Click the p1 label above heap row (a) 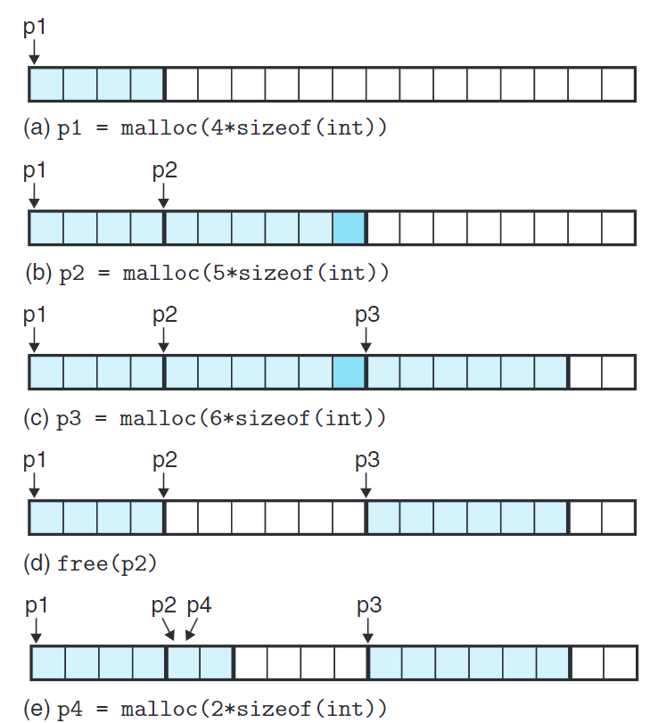(x=34, y=28)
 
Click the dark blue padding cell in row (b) (x=349, y=228)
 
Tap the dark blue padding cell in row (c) (x=349, y=373)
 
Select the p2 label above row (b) (x=164, y=170)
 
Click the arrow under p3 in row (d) (x=366, y=485)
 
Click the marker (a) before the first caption (x=37, y=127)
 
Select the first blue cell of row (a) (x=46, y=84)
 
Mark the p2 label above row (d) (x=164, y=460)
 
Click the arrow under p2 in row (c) (x=164, y=340)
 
